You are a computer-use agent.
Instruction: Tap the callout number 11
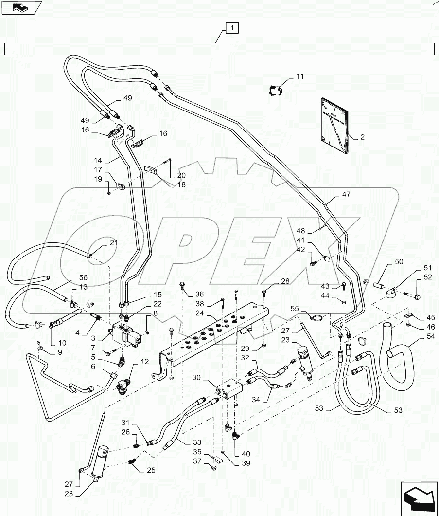click(299, 76)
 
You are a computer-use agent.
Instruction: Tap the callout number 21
click(113, 242)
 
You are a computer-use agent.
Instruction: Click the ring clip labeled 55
click(315, 319)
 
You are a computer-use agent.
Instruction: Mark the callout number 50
click(398, 262)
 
